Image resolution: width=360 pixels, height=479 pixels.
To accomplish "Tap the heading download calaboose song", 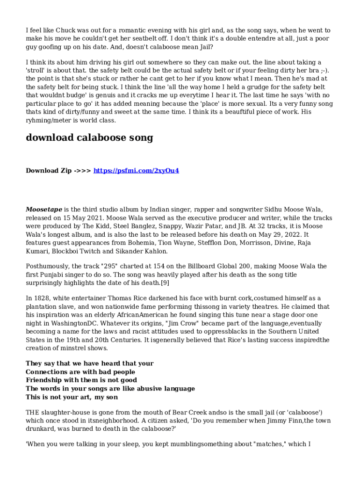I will coord(89,138).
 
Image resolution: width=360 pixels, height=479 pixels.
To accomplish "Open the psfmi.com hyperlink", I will coord(137,171).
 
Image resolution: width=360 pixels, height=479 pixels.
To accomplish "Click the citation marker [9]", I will coord(165,283).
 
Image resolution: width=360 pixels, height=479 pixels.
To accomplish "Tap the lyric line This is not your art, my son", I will coord(72,397).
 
